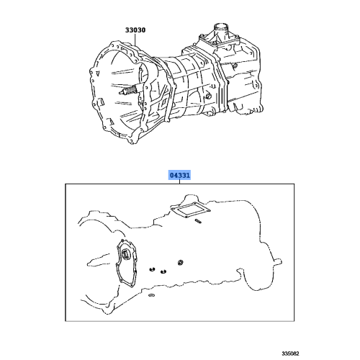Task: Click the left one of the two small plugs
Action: pos(153,270)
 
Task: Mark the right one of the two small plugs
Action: pos(163,271)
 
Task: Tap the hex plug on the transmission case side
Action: pos(207,95)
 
